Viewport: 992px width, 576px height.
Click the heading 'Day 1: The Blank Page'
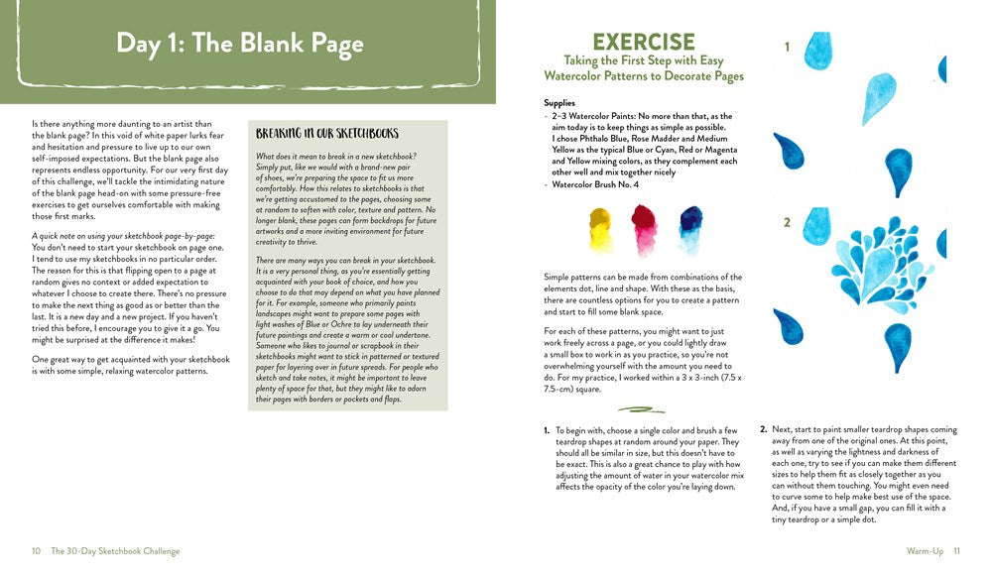[x=239, y=44]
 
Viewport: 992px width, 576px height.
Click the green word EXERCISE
[x=643, y=42]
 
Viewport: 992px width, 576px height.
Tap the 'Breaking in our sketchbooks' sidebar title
[x=327, y=134]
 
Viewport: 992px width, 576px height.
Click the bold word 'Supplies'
[x=560, y=103]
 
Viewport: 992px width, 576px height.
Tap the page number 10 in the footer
[x=36, y=551]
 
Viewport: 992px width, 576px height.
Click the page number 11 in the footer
[x=956, y=551]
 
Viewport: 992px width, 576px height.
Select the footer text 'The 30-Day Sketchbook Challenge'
[x=115, y=551]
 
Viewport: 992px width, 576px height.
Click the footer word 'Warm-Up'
[x=925, y=551]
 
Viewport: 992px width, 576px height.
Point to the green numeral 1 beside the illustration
[x=787, y=47]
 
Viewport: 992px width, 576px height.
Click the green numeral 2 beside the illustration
[x=787, y=223]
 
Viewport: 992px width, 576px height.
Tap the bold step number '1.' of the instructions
[x=547, y=430]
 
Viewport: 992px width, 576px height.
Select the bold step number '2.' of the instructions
[x=763, y=430]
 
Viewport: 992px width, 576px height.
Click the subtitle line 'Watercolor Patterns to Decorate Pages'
[x=643, y=76]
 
